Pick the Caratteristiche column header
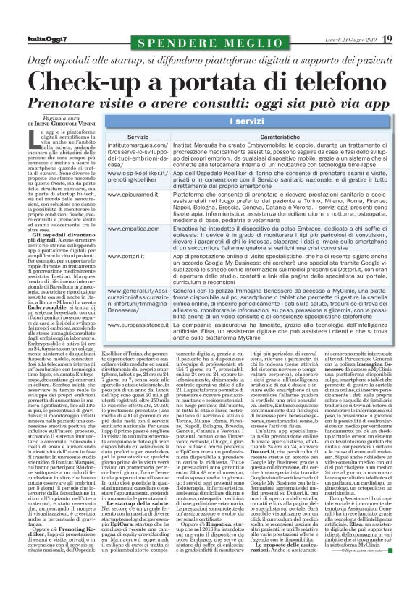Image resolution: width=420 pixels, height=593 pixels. pyautogui.click(x=281, y=136)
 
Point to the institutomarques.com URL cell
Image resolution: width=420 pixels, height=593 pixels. pyautogui.click(x=138, y=154)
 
